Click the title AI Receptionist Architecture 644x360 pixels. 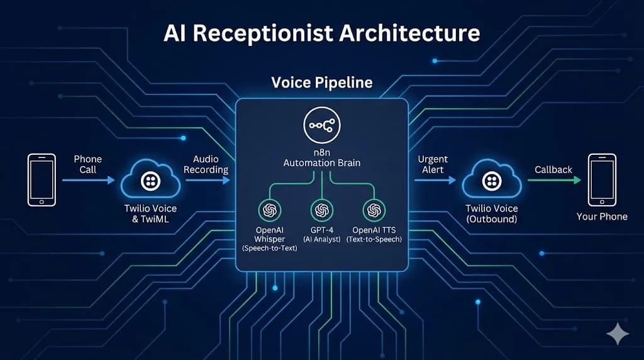tap(321, 33)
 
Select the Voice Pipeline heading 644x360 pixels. tap(321, 82)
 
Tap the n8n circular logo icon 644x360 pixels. tap(321, 125)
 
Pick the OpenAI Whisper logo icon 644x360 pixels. tap(270, 210)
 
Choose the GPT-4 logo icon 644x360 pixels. tap(321, 210)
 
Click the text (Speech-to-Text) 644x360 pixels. tap(270, 249)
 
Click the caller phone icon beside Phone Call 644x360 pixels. tap(42, 179)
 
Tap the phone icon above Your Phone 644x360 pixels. tap(602, 179)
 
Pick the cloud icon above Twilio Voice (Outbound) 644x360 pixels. tap(492, 180)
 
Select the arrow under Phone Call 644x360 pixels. tap(88, 180)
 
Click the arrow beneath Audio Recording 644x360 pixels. tap(208, 180)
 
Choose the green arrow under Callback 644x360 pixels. tap(553, 180)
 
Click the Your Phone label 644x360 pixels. tap(602, 217)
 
